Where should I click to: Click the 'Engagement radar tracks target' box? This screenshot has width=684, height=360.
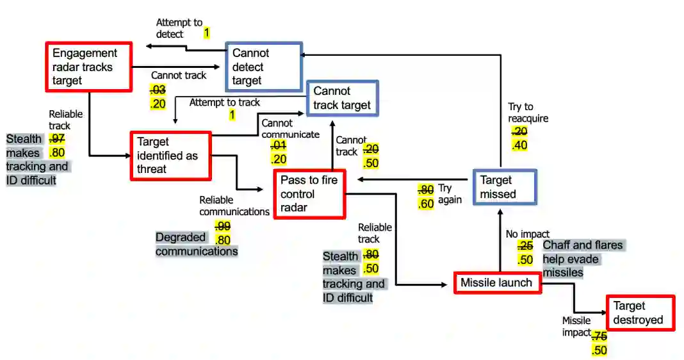coord(89,67)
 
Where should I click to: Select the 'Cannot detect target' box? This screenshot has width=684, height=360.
coord(263,67)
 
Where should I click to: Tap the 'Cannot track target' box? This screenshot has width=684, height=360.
coord(342,98)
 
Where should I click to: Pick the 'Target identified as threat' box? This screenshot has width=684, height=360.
coord(170,156)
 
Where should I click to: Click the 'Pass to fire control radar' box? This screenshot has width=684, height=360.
coord(309,194)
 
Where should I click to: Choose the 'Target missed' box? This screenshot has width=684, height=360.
coord(504,187)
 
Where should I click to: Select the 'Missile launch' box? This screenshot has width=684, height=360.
coord(497,282)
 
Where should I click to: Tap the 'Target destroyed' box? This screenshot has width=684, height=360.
coord(640,313)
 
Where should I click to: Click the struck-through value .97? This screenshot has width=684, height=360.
coord(56,138)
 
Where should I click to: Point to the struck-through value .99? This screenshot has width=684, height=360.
coord(222,225)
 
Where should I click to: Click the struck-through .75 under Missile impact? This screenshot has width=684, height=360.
coord(599,336)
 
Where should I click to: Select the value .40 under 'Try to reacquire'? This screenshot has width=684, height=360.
coord(519,145)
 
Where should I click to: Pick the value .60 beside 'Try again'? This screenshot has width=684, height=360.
coord(425,204)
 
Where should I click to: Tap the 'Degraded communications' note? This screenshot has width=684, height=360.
coord(196,244)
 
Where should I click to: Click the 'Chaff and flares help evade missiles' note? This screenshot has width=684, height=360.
coord(582,259)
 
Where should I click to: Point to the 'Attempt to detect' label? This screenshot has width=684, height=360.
coord(179,28)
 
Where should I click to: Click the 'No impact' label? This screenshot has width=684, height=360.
coord(527,234)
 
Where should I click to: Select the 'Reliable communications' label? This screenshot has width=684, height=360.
coord(234,206)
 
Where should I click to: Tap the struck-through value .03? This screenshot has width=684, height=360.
coord(158,90)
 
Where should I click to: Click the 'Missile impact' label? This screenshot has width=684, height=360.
coord(576,326)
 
